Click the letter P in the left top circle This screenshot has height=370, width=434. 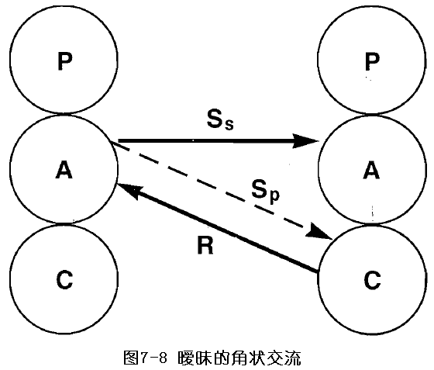coord(65,61)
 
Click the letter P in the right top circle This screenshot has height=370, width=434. coord(372,61)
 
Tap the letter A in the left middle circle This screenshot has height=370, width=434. coord(64,170)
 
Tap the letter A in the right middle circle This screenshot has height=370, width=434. coord(371,170)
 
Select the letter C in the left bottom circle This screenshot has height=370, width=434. coord(64,279)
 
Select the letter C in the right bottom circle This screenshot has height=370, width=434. coord(372,279)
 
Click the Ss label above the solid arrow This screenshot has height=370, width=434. coord(220,119)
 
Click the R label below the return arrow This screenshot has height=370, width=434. coord(205,245)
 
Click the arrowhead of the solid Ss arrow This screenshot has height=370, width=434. coord(307,141)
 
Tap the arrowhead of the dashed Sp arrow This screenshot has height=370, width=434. coord(319,232)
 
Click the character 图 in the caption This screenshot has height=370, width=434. coord(131,358)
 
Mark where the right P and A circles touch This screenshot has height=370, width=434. coord(371,114)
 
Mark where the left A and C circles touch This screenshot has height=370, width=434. coord(64,223)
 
